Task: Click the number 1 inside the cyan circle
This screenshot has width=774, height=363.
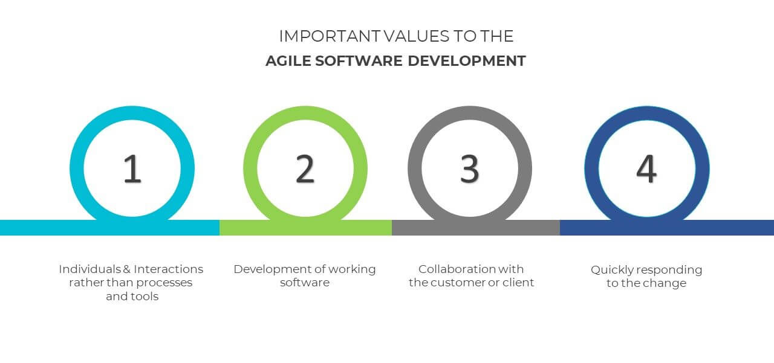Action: click(132, 169)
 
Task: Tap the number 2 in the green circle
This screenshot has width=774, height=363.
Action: click(305, 169)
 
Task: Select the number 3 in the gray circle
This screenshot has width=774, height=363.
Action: click(470, 169)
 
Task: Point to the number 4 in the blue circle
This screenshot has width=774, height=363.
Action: click(646, 169)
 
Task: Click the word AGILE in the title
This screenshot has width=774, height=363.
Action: click(288, 61)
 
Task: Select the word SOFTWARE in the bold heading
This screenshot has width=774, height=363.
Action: click(359, 61)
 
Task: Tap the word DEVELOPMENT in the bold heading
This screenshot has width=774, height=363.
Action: click(467, 61)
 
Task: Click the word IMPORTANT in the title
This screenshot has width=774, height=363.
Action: click(330, 36)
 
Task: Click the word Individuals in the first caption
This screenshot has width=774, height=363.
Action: click(90, 269)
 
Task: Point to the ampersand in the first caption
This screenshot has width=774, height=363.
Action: click(127, 269)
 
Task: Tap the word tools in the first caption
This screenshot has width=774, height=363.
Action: click(145, 297)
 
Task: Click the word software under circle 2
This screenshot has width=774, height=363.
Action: click(305, 283)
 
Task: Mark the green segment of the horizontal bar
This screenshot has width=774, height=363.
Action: click(306, 228)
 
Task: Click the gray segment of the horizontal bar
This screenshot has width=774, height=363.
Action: click(476, 228)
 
